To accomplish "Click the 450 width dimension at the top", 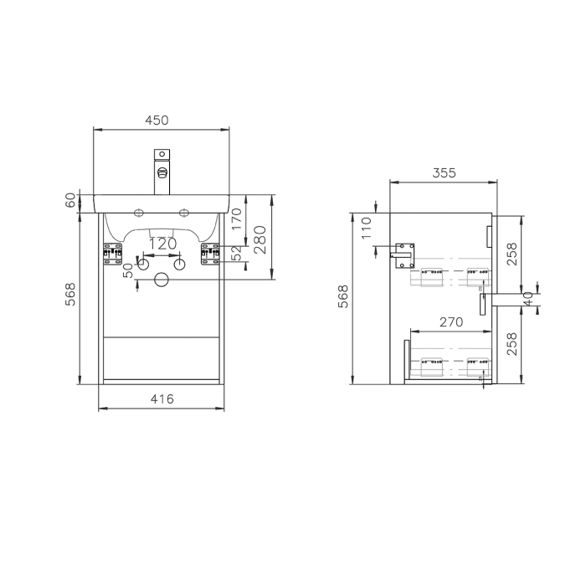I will coord(157,120).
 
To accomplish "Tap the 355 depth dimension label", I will coord(444,173).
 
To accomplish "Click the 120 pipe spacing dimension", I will coord(162,243).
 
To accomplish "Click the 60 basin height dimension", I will coord(70,202).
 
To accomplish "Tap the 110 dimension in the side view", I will coord(367,228).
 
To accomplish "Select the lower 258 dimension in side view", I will coord(511,343).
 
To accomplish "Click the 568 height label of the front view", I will coord(70,295).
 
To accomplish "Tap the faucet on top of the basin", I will coord(162,172).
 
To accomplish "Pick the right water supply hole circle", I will coord(179,265).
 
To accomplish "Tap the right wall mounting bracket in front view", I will coord(208,254).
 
